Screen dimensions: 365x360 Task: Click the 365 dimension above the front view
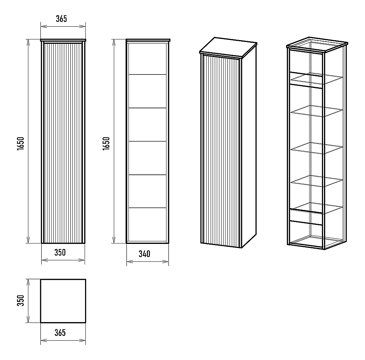coord(61,19)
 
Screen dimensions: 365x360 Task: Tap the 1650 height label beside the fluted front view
coord(21,144)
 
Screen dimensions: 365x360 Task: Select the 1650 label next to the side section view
coord(106,144)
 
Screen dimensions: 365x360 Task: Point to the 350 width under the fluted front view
coord(60,252)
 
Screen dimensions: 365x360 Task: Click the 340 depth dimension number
coord(144,254)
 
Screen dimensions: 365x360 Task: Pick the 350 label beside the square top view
coord(21,300)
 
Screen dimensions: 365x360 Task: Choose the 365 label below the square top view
coord(60,333)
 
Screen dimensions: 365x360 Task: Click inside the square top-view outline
coord(63,301)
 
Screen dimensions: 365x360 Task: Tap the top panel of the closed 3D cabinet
coord(228,47)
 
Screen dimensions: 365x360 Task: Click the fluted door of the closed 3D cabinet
coord(221,152)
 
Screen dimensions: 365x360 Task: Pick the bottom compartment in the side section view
coord(147,225)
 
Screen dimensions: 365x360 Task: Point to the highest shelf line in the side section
coord(147,74)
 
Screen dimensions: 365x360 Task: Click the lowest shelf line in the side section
coord(147,207)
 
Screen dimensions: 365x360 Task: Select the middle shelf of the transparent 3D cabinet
coord(317,148)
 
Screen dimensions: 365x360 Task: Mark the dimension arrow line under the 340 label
coord(147,262)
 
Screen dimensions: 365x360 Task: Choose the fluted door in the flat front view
coord(63,142)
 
